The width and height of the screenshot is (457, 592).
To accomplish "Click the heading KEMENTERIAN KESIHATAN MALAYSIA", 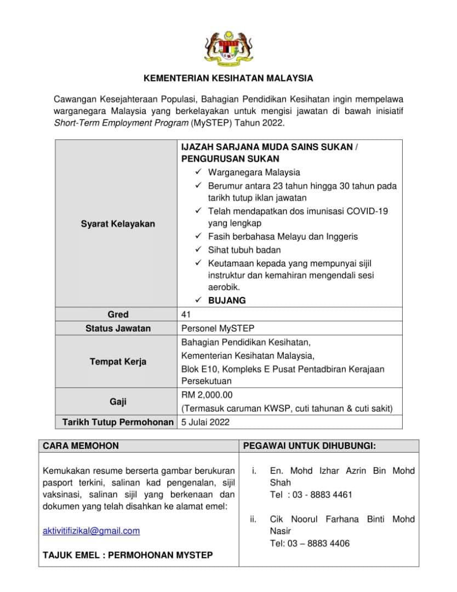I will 229,78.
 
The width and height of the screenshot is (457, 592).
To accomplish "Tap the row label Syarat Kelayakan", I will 118,224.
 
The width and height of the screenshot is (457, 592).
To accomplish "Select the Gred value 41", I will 186,315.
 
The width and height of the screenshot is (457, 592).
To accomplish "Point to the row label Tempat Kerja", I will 118,362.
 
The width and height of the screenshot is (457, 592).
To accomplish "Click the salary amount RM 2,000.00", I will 205,395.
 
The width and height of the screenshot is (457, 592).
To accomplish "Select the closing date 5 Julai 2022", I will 205,422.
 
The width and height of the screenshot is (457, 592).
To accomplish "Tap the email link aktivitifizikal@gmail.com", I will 91,531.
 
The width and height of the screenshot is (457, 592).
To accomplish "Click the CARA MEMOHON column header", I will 81,446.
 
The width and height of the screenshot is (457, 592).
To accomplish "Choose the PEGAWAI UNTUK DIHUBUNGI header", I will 309,446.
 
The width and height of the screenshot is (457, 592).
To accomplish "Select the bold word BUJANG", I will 227,300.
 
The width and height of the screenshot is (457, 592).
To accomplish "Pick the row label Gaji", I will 118,402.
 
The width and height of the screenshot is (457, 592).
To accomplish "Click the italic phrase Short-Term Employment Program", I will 121,123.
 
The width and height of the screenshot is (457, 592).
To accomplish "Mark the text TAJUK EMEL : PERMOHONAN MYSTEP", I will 128,555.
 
